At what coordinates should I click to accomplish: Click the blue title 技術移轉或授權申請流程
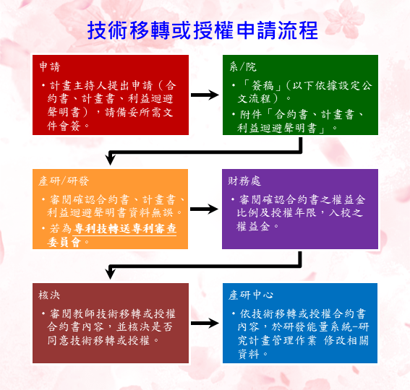202,30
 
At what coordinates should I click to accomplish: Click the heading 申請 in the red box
50,67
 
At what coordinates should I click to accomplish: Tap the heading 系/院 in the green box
243,67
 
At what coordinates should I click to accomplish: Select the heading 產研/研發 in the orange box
64,181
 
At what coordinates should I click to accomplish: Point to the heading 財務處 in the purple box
244,181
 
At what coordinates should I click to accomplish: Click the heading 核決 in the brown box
49,295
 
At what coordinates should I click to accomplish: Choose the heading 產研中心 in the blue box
251,295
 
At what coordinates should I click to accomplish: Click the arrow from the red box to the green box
205,95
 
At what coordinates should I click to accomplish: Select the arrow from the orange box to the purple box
205,209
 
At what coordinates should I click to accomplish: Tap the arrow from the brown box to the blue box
205,323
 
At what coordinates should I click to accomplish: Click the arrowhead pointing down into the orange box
111,160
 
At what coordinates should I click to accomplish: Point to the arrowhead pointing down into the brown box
111,274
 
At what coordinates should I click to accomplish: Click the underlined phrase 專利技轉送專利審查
125,228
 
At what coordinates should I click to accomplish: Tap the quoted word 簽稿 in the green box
262,85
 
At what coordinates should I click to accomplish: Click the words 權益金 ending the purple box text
253,227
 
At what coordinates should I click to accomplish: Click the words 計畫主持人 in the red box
78,85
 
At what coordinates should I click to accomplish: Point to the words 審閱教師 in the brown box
72,313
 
